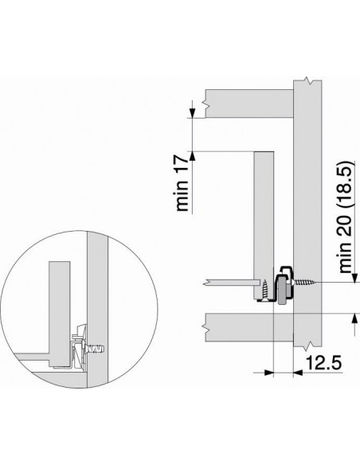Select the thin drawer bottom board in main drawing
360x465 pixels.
232,283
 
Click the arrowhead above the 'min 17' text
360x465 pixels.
194,115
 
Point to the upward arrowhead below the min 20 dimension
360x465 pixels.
352,318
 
